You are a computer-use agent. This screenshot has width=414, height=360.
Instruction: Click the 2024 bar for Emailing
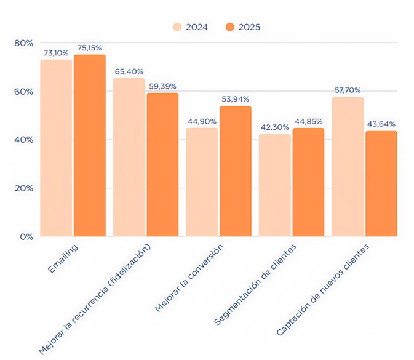click(x=56, y=148)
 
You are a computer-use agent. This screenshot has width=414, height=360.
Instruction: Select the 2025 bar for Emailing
click(x=90, y=145)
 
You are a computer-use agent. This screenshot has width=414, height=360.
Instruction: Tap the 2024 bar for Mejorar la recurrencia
click(x=129, y=157)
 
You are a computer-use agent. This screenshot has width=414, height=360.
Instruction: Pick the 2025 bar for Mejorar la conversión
click(x=236, y=171)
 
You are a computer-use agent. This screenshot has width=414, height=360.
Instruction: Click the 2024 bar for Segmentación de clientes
click(x=274, y=185)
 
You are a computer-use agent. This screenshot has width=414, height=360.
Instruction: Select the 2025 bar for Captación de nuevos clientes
click(x=381, y=183)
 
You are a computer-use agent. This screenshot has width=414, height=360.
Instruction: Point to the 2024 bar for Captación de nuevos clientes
click(x=348, y=166)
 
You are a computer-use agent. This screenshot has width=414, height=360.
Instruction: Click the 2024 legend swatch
click(x=178, y=27)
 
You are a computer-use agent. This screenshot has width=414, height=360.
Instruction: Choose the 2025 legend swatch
click(x=230, y=27)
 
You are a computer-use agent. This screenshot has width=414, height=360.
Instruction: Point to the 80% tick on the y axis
click(x=24, y=43)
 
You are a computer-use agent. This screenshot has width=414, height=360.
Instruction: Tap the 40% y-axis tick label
click(x=24, y=140)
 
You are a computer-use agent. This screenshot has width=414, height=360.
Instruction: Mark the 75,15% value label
click(x=90, y=48)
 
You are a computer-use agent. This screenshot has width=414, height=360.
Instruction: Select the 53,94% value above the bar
click(x=236, y=100)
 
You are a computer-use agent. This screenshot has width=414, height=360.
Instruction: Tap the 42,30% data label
click(x=274, y=128)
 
